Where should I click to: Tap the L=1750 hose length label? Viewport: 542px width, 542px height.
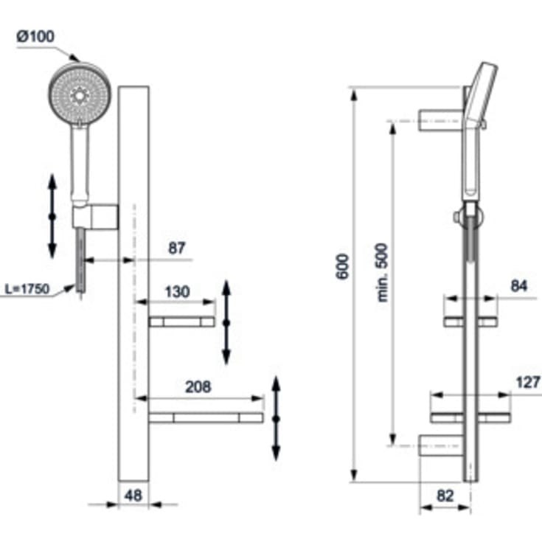(x=25, y=289)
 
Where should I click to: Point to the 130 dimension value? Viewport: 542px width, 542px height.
(x=176, y=291)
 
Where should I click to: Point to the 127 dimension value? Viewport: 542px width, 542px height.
(x=528, y=382)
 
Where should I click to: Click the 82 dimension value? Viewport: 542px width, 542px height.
(x=445, y=496)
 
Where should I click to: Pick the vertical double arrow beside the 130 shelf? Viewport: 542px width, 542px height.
(x=226, y=323)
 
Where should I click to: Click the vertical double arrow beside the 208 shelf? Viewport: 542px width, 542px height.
(x=276, y=418)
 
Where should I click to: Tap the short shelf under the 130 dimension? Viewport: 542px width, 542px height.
(x=181, y=322)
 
